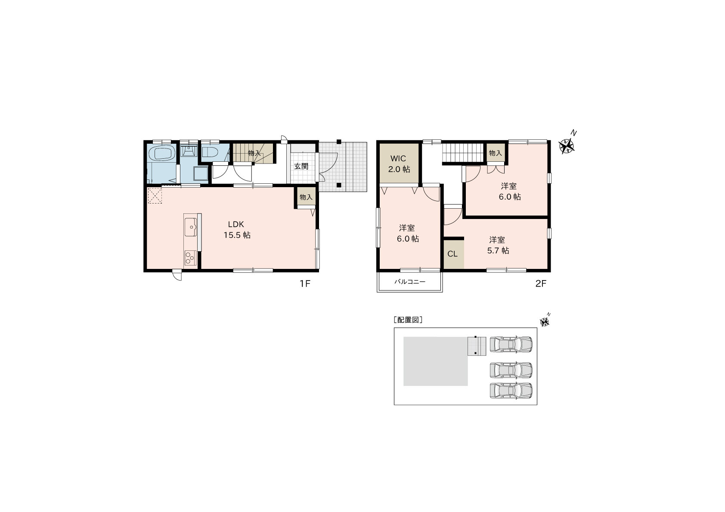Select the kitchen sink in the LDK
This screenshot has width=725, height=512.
click(x=191, y=227)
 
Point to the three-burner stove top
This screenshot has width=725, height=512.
click(x=191, y=258)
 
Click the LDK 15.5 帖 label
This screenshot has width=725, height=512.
click(x=237, y=230)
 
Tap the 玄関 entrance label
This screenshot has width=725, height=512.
click(x=301, y=167)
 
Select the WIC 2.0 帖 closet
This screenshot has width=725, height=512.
click(x=399, y=163)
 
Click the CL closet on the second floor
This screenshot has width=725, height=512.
click(x=453, y=254)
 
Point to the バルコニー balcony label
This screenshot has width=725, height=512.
click(x=409, y=282)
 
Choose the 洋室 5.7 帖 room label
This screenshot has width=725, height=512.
click(x=498, y=245)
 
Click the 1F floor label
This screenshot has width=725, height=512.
click(x=304, y=284)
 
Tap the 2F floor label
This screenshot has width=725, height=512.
click(x=541, y=284)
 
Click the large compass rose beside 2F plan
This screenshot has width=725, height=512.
click(x=567, y=146)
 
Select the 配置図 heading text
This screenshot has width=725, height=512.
click(x=408, y=320)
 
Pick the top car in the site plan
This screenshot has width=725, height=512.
click(x=511, y=344)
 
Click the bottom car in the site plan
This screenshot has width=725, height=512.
click(x=511, y=390)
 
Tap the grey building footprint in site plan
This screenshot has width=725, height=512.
click(x=435, y=361)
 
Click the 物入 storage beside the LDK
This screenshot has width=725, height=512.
click(x=306, y=197)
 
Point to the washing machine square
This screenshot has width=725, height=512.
click(x=200, y=173)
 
